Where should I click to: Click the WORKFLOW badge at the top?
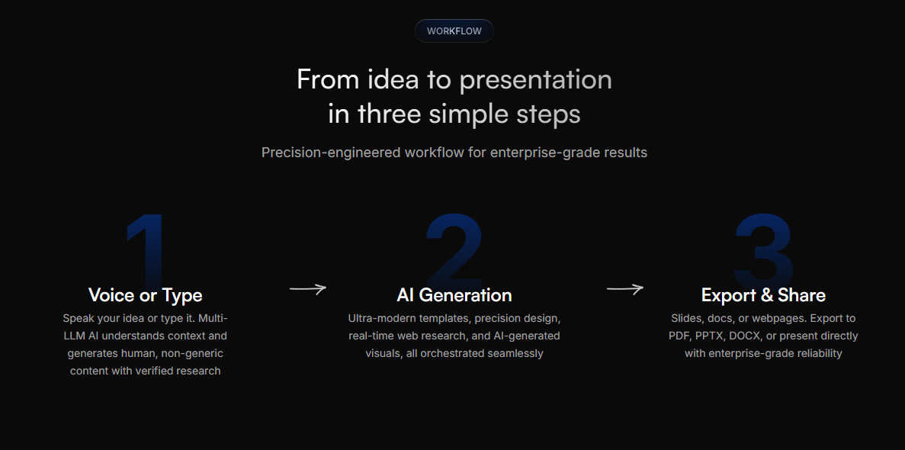click(x=454, y=31)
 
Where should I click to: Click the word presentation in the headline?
click(x=535, y=79)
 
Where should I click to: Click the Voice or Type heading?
click(x=145, y=295)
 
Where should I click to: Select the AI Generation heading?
click(x=454, y=295)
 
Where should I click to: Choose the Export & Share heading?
click(x=763, y=295)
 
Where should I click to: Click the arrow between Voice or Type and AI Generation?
click(x=308, y=288)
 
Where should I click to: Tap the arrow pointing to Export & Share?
click(x=625, y=288)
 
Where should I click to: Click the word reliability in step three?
click(x=814, y=353)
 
